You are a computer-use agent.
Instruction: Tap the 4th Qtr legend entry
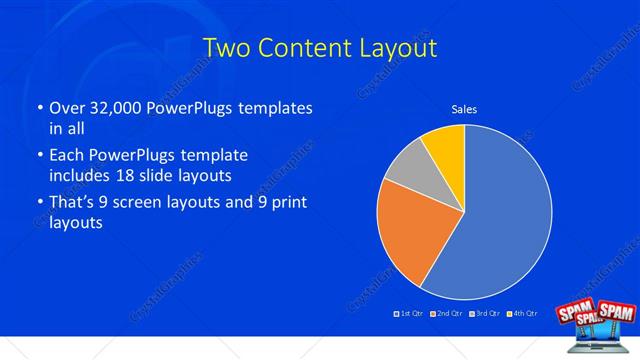(x=522, y=314)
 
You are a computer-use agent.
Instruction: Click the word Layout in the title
(x=400, y=47)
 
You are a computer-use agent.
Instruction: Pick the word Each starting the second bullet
(x=67, y=155)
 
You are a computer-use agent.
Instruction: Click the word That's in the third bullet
(x=72, y=202)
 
